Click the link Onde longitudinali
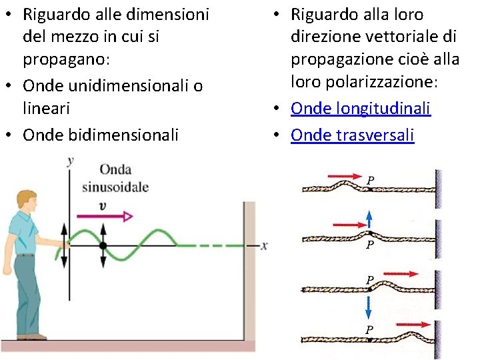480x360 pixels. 361,109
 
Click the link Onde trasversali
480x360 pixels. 352,135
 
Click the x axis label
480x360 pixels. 264,246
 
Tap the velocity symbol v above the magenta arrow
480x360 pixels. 102,205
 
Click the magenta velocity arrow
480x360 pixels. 105,216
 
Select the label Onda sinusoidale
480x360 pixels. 115,177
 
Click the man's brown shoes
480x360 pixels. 30,337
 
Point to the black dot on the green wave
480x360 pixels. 103,245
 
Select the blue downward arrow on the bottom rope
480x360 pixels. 367,308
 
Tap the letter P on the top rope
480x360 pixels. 371,180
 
